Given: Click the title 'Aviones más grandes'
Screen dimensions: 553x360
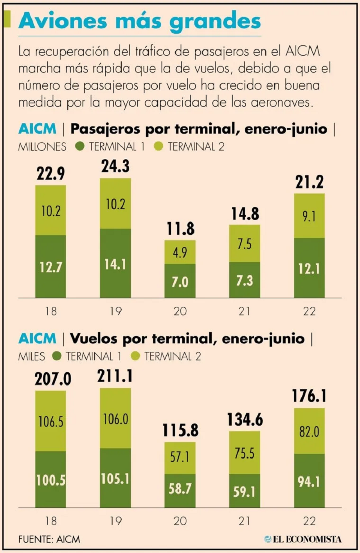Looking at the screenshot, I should click(x=139, y=21).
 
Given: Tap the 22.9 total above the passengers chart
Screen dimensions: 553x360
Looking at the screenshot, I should click(x=51, y=174).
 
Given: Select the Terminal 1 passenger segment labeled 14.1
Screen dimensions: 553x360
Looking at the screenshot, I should click(x=115, y=264).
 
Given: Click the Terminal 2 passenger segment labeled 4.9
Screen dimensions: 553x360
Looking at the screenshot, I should click(x=180, y=252).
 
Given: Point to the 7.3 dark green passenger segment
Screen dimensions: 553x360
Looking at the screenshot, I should click(x=244, y=280).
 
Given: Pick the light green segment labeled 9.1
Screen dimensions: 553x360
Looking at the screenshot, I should click(x=309, y=216).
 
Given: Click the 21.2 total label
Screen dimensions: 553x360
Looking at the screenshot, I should click(x=309, y=183).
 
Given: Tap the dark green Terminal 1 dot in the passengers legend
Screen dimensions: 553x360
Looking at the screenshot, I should click(x=81, y=146).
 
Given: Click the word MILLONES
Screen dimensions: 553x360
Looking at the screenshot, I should click(x=43, y=147).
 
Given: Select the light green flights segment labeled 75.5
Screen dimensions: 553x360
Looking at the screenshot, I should click(x=244, y=453).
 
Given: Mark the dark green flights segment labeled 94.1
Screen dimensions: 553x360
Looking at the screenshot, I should click(x=309, y=481).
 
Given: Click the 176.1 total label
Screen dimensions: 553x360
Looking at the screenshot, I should click(x=309, y=397).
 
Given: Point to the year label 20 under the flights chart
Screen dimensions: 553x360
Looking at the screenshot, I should click(x=180, y=521).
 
